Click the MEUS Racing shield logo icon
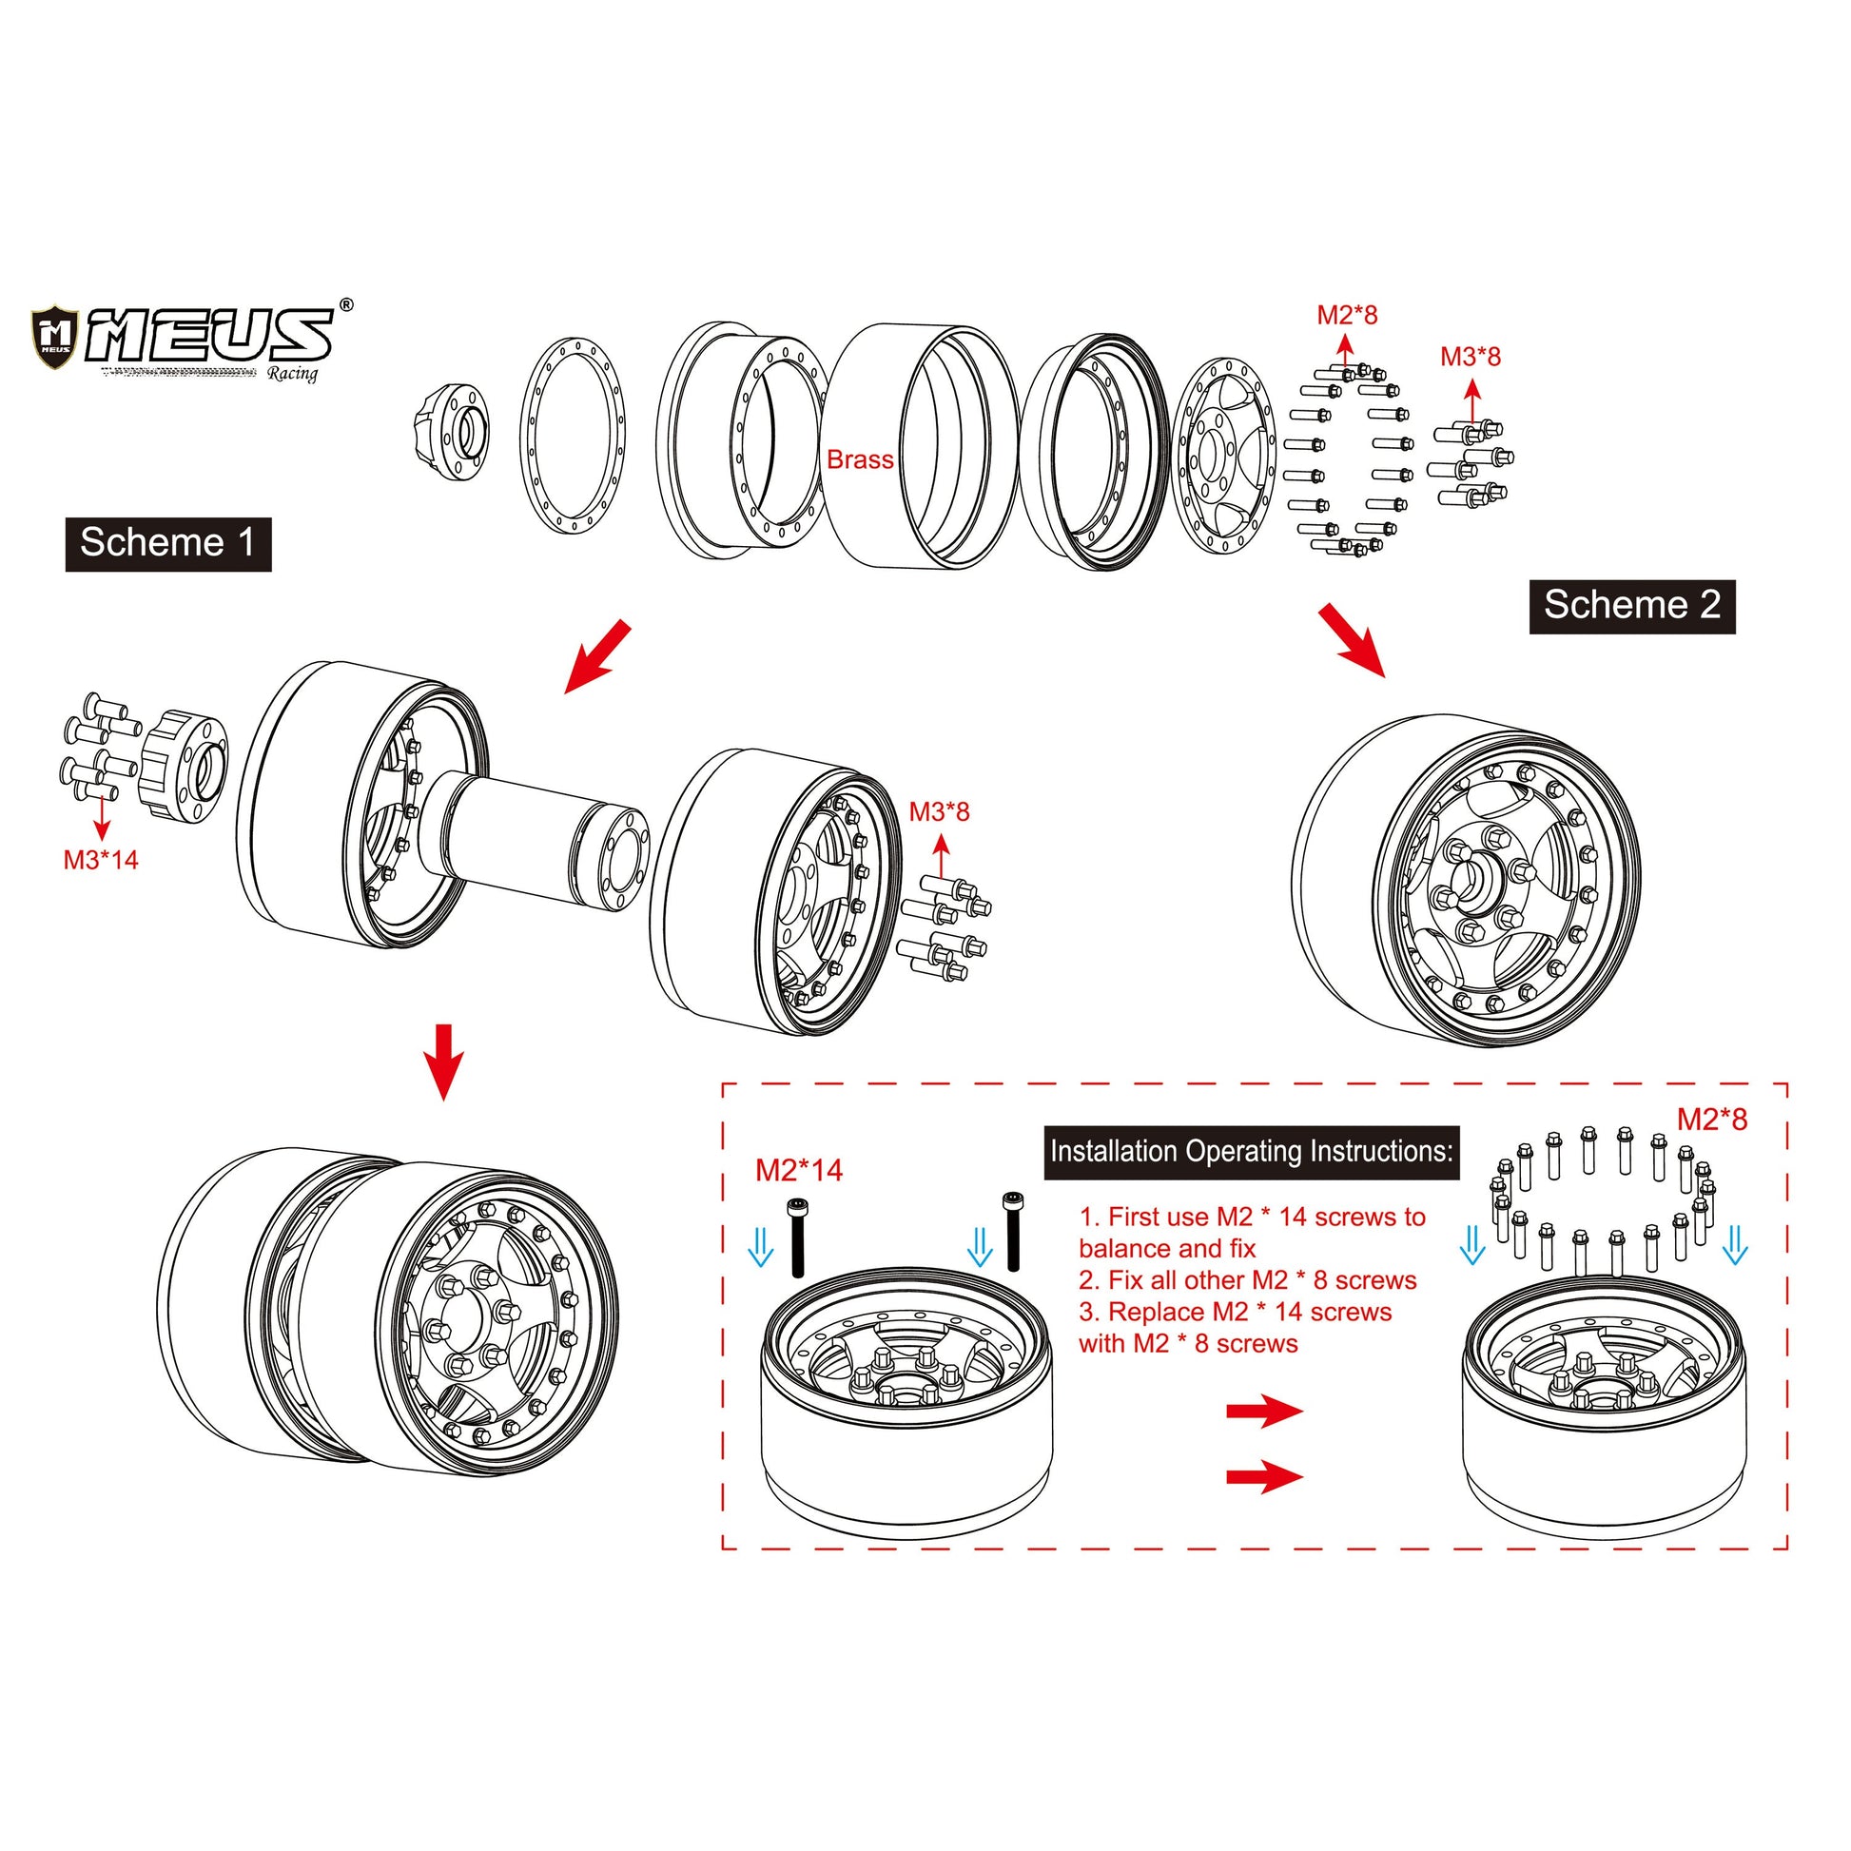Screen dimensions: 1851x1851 (x=53, y=338)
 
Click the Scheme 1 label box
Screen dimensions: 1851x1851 (x=167, y=544)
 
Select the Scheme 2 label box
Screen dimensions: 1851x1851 (x=1631, y=606)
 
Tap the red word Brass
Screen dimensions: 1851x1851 (x=860, y=459)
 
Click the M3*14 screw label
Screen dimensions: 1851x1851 (x=101, y=861)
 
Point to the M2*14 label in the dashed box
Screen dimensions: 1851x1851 (x=798, y=1170)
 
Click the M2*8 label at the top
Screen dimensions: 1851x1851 (x=1346, y=315)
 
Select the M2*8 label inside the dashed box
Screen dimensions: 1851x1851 (x=1711, y=1119)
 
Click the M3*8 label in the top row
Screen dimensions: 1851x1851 (x=1470, y=358)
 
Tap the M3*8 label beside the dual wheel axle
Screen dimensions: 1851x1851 (x=939, y=812)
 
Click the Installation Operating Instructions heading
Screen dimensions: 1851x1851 (x=1250, y=1152)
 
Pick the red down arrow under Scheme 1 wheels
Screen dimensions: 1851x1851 (x=442, y=1062)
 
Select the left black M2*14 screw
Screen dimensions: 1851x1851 (x=797, y=1237)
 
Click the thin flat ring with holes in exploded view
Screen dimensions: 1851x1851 (x=573, y=435)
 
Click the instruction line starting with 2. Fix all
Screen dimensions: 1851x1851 (x=1246, y=1281)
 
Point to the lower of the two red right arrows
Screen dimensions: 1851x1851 (x=1264, y=1476)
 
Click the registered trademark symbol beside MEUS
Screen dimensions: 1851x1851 (x=346, y=304)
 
